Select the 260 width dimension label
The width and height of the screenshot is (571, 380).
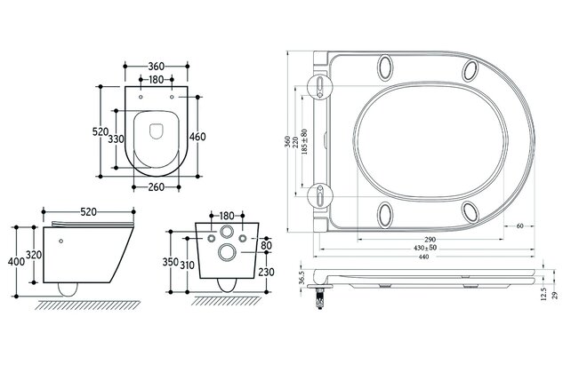tap(157, 188)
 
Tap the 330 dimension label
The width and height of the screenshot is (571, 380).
tap(117, 139)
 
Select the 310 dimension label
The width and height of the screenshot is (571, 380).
tap(188, 265)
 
